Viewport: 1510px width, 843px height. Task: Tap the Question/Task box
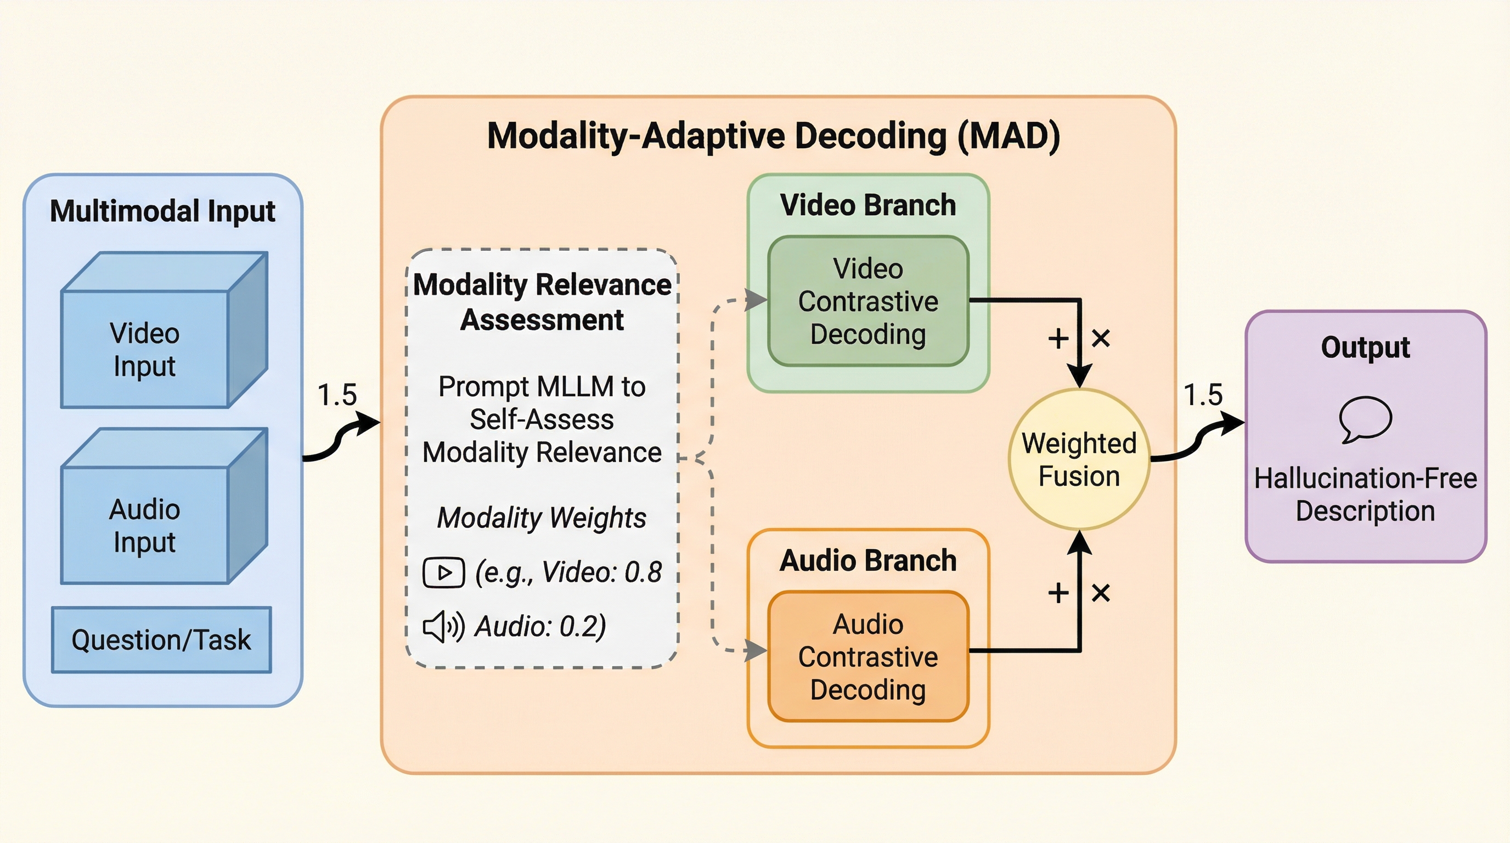pos(161,639)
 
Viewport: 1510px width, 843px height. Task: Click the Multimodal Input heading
pos(162,211)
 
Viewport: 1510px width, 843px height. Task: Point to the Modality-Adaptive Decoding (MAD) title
pos(774,136)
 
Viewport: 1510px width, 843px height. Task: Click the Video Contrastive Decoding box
pos(868,301)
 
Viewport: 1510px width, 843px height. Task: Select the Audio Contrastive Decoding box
pos(868,656)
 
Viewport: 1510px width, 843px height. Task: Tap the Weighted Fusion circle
pos(1079,459)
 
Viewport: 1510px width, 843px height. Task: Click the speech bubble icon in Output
pos(1365,419)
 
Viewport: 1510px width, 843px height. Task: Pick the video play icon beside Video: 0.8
pos(444,572)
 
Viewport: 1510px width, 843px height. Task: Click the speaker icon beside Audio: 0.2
pos(443,627)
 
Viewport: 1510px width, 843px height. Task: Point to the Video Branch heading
pos(868,205)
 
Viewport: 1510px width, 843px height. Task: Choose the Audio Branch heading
pos(868,560)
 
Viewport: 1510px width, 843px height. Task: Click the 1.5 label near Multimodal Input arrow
pos(337,395)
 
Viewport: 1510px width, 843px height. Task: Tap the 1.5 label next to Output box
pos(1203,395)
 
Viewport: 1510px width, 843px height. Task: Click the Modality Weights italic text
pos(542,518)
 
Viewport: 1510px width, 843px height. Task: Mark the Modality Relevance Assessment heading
pos(542,302)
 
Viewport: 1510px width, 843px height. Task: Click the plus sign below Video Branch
pos(1058,338)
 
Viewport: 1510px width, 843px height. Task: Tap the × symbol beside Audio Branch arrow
pos(1101,593)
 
